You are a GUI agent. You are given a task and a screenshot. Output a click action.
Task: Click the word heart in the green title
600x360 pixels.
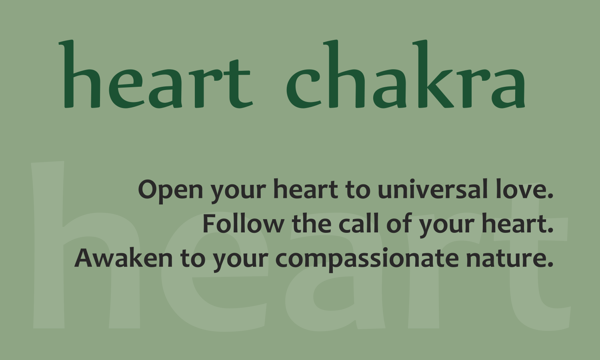(156, 74)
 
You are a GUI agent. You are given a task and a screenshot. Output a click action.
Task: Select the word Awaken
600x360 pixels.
(124, 257)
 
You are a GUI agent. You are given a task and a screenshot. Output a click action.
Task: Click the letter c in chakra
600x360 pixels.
(304, 88)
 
